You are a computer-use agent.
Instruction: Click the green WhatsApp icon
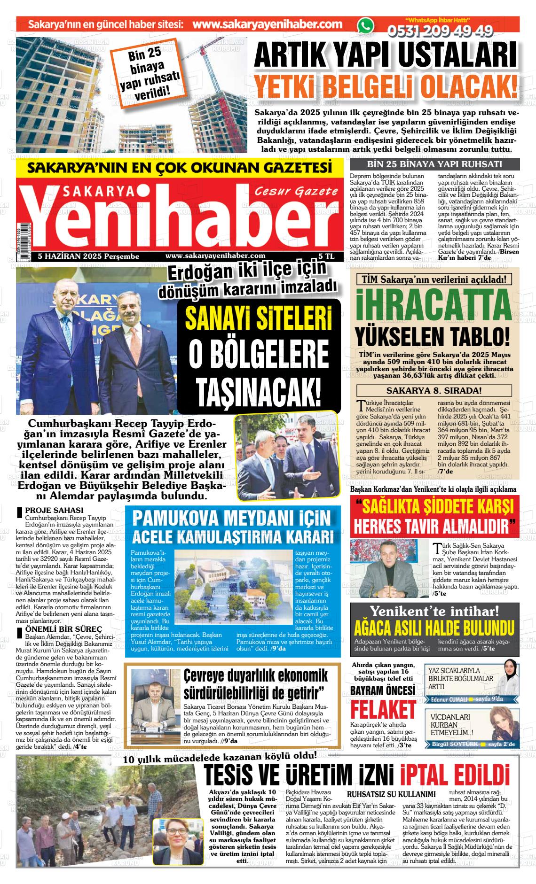click(365, 26)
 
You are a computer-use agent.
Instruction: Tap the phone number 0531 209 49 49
click(440, 31)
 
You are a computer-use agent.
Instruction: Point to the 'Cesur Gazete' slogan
click(297, 191)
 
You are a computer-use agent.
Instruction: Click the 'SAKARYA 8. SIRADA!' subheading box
click(434, 390)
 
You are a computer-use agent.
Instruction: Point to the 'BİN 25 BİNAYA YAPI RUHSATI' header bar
click(434, 164)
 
